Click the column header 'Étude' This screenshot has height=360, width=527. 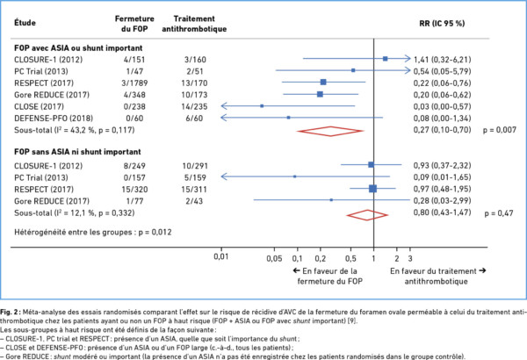[x=28, y=18]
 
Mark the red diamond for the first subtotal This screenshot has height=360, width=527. [x=330, y=131]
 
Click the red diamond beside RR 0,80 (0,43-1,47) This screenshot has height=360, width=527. [x=368, y=213]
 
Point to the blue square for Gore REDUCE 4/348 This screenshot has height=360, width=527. [x=320, y=92]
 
